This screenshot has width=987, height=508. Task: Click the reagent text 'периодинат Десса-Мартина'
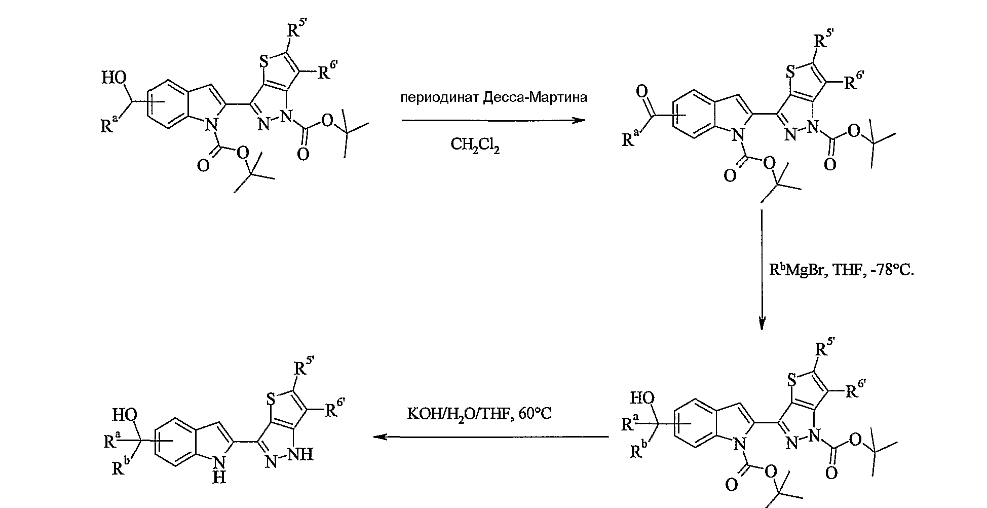coord(493,97)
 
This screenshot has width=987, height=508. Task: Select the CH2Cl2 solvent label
coord(475,146)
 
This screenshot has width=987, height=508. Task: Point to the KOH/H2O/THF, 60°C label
coord(479,414)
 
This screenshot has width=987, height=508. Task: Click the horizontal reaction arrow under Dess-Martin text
coord(493,121)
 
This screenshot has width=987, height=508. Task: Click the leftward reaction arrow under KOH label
coord(490,437)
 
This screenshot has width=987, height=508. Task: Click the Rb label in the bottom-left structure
coord(121,467)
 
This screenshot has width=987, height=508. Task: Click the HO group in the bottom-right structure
coord(642,398)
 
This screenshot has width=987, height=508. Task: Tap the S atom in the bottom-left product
coord(271,400)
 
